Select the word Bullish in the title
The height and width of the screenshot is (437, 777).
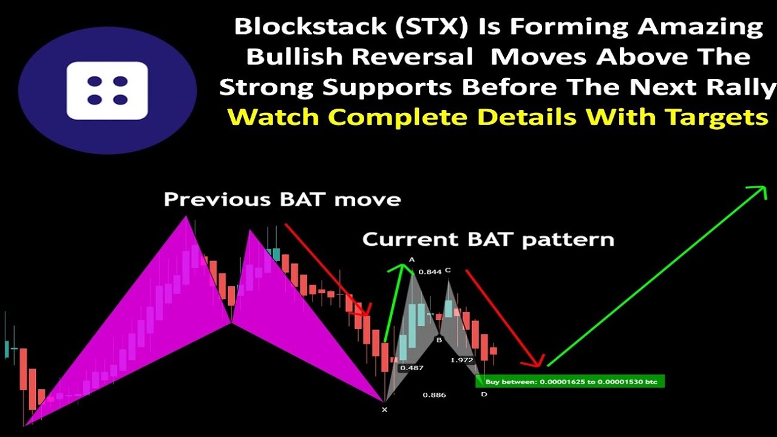point(293,57)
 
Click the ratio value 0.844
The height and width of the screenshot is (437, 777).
point(430,272)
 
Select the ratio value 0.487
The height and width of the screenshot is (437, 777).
point(411,368)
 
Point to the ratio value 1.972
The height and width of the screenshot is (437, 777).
point(461,360)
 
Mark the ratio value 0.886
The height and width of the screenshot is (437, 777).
point(434,395)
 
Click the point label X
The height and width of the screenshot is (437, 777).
point(384,410)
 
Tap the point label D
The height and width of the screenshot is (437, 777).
point(484,395)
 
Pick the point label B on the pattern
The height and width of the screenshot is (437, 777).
point(439,340)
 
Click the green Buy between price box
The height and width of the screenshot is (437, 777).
point(570,381)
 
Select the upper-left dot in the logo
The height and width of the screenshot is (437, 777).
point(94,81)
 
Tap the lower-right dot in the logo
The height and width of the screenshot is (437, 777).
point(120,100)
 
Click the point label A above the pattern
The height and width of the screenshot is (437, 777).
point(412,260)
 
